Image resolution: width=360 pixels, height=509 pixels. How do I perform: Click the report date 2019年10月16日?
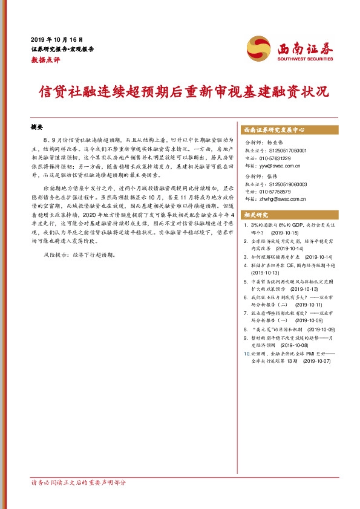(x=56, y=39)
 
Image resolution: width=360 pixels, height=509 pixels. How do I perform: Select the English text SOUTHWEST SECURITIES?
(x=306, y=59)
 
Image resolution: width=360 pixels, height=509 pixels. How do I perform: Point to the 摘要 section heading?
(x=38, y=128)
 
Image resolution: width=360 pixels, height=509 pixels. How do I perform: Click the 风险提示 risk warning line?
(x=77, y=254)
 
